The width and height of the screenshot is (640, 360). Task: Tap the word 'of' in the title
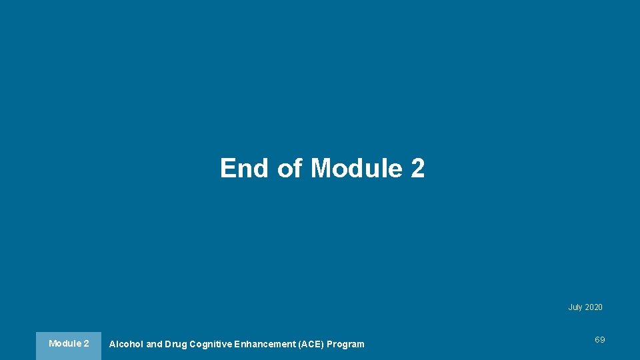click(290, 168)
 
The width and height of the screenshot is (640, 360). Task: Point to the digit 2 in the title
click(418, 168)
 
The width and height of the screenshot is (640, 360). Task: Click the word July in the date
click(575, 307)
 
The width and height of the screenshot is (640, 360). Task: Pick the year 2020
click(593, 307)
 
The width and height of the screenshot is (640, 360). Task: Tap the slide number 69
click(600, 340)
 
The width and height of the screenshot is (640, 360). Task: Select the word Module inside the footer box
click(63, 343)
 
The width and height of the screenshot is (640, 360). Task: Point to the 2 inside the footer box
click(86, 343)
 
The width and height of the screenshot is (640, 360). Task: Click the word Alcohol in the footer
click(126, 344)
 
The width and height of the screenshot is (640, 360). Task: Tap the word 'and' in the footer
click(154, 344)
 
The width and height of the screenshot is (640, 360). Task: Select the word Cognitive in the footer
click(211, 344)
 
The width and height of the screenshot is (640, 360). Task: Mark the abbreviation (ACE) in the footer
click(309, 344)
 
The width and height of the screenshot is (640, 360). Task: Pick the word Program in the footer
click(345, 344)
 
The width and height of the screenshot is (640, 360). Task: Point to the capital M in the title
click(322, 168)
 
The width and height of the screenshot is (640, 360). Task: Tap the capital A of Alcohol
click(112, 344)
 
